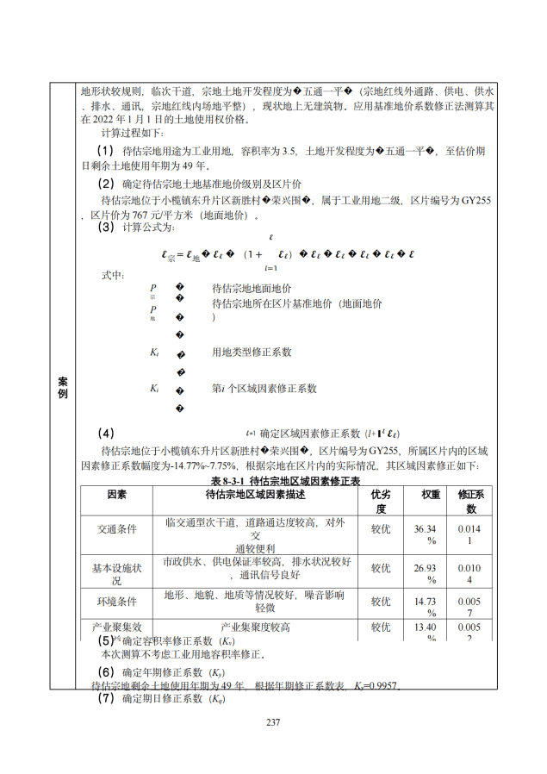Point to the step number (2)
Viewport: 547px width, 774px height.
(x=106, y=184)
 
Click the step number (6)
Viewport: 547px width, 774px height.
(x=106, y=671)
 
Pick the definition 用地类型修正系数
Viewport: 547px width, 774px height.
(x=252, y=352)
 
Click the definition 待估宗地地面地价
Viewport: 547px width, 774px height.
(x=252, y=288)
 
